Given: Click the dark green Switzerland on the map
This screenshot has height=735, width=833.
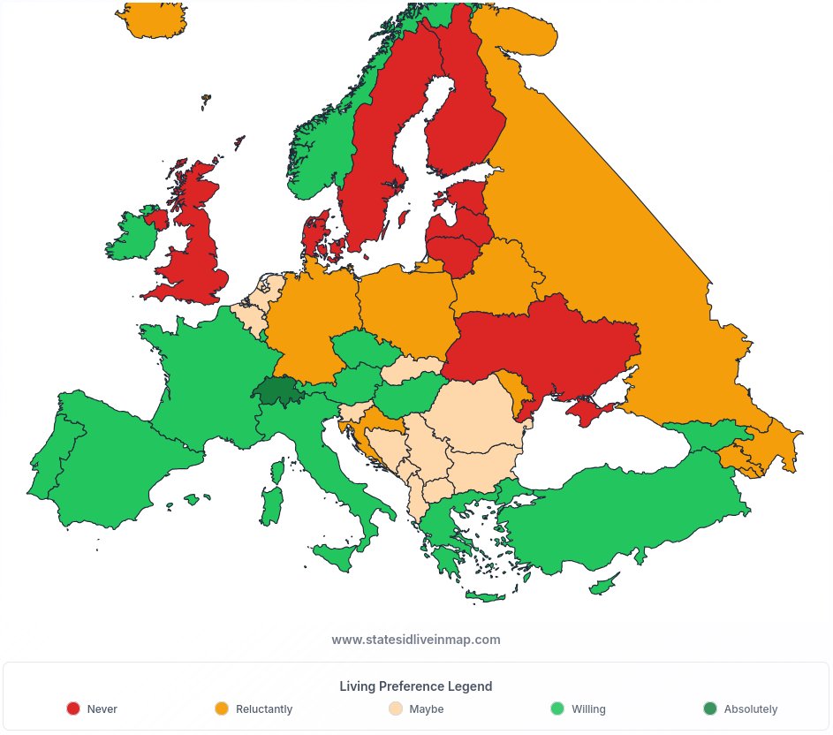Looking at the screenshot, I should tap(276, 390).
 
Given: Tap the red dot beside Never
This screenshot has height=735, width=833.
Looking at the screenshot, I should tap(73, 708).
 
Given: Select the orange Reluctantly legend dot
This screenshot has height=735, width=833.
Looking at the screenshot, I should tap(222, 708).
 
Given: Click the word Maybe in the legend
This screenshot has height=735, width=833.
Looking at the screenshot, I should tap(427, 709).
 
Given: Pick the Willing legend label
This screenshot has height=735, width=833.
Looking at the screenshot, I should tap(588, 709).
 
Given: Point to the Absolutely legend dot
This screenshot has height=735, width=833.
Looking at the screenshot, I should tap(710, 708).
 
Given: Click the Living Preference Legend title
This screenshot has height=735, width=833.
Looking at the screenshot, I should tap(416, 686).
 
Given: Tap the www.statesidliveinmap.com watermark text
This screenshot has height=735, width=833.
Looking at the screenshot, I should tap(416, 640).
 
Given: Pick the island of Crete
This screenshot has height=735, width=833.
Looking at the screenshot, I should tap(484, 596).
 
